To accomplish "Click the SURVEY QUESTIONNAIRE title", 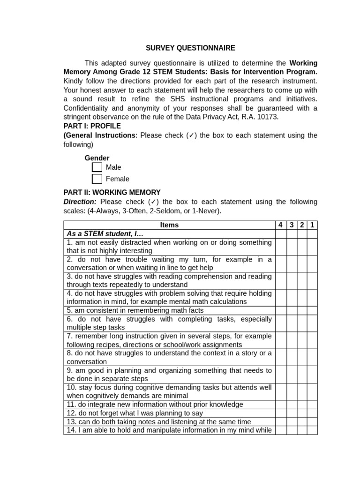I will (x=190, y=48).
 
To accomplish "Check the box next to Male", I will (x=97, y=167).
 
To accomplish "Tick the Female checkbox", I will (x=97, y=179).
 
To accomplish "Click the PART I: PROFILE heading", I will (x=92, y=126).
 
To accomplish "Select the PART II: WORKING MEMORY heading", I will (x=112, y=193).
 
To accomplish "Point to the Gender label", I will (x=97, y=158).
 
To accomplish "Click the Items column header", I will (x=169, y=225).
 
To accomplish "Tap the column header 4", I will (x=280, y=225).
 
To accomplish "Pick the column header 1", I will (x=312, y=225).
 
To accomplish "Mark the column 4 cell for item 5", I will (x=280, y=310).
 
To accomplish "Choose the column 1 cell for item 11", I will (x=312, y=405).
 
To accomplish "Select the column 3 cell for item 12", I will (x=292, y=413).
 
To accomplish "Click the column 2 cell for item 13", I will (x=302, y=422).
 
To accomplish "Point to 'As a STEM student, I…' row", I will (x=105, y=233).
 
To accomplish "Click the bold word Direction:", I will (x=80, y=202).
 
